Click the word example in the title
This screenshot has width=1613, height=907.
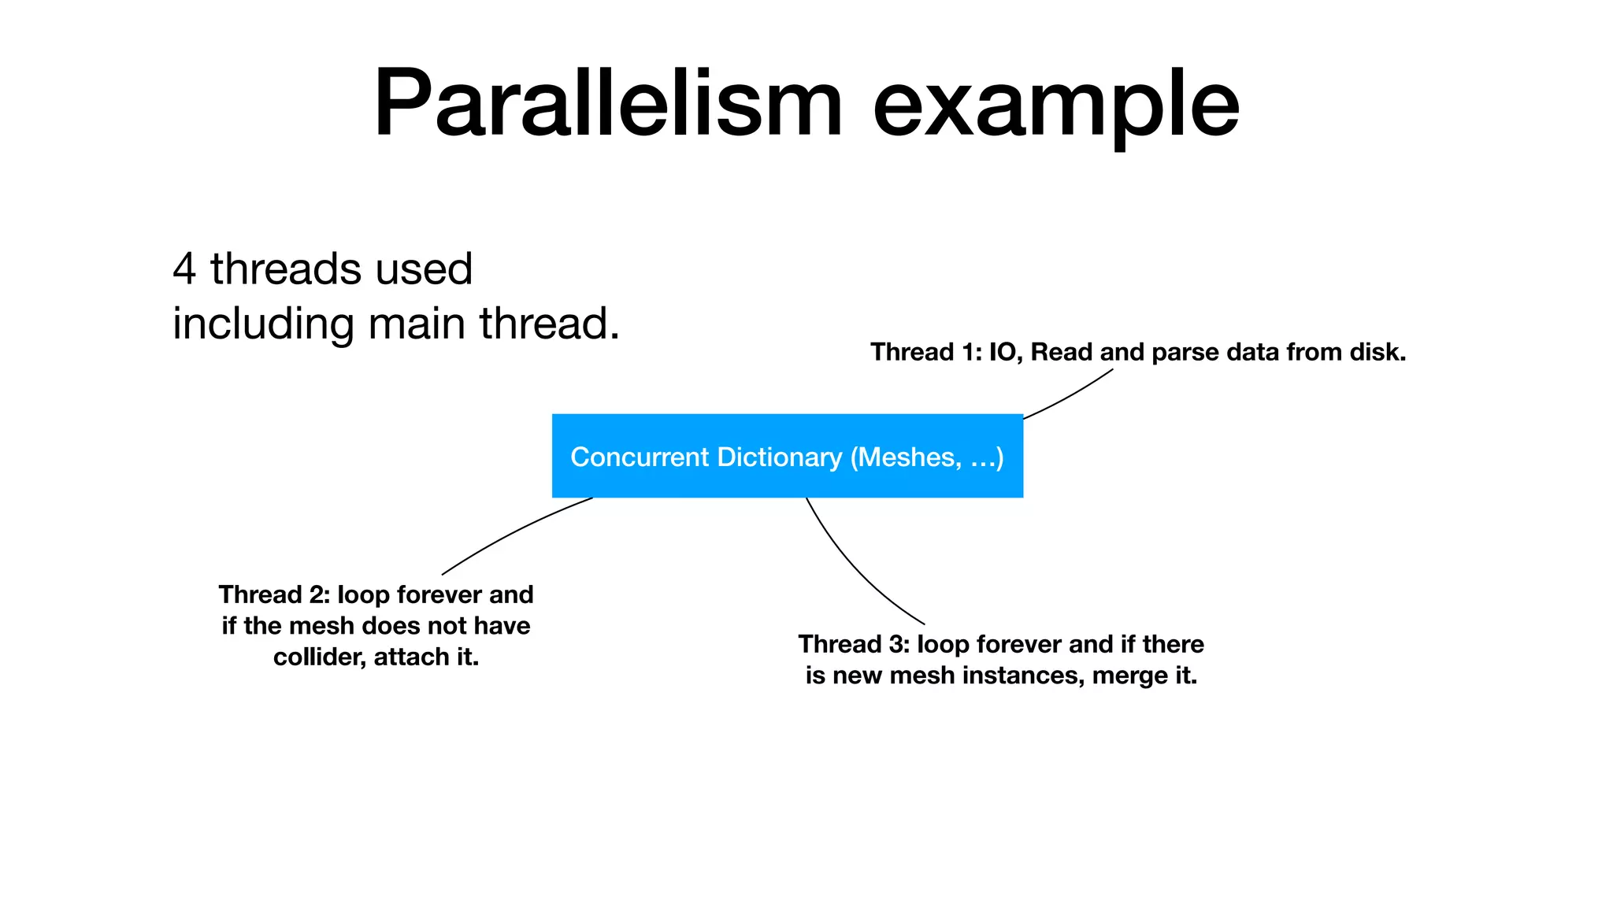[1056, 104]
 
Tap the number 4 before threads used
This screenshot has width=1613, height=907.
[184, 269]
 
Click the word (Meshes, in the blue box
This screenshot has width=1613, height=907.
[906, 457]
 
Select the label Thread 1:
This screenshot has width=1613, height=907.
[926, 352]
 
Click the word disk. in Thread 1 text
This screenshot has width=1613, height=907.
[1378, 352]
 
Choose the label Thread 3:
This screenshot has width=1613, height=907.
[854, 644]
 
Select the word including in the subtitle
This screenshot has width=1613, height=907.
[263, 324]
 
